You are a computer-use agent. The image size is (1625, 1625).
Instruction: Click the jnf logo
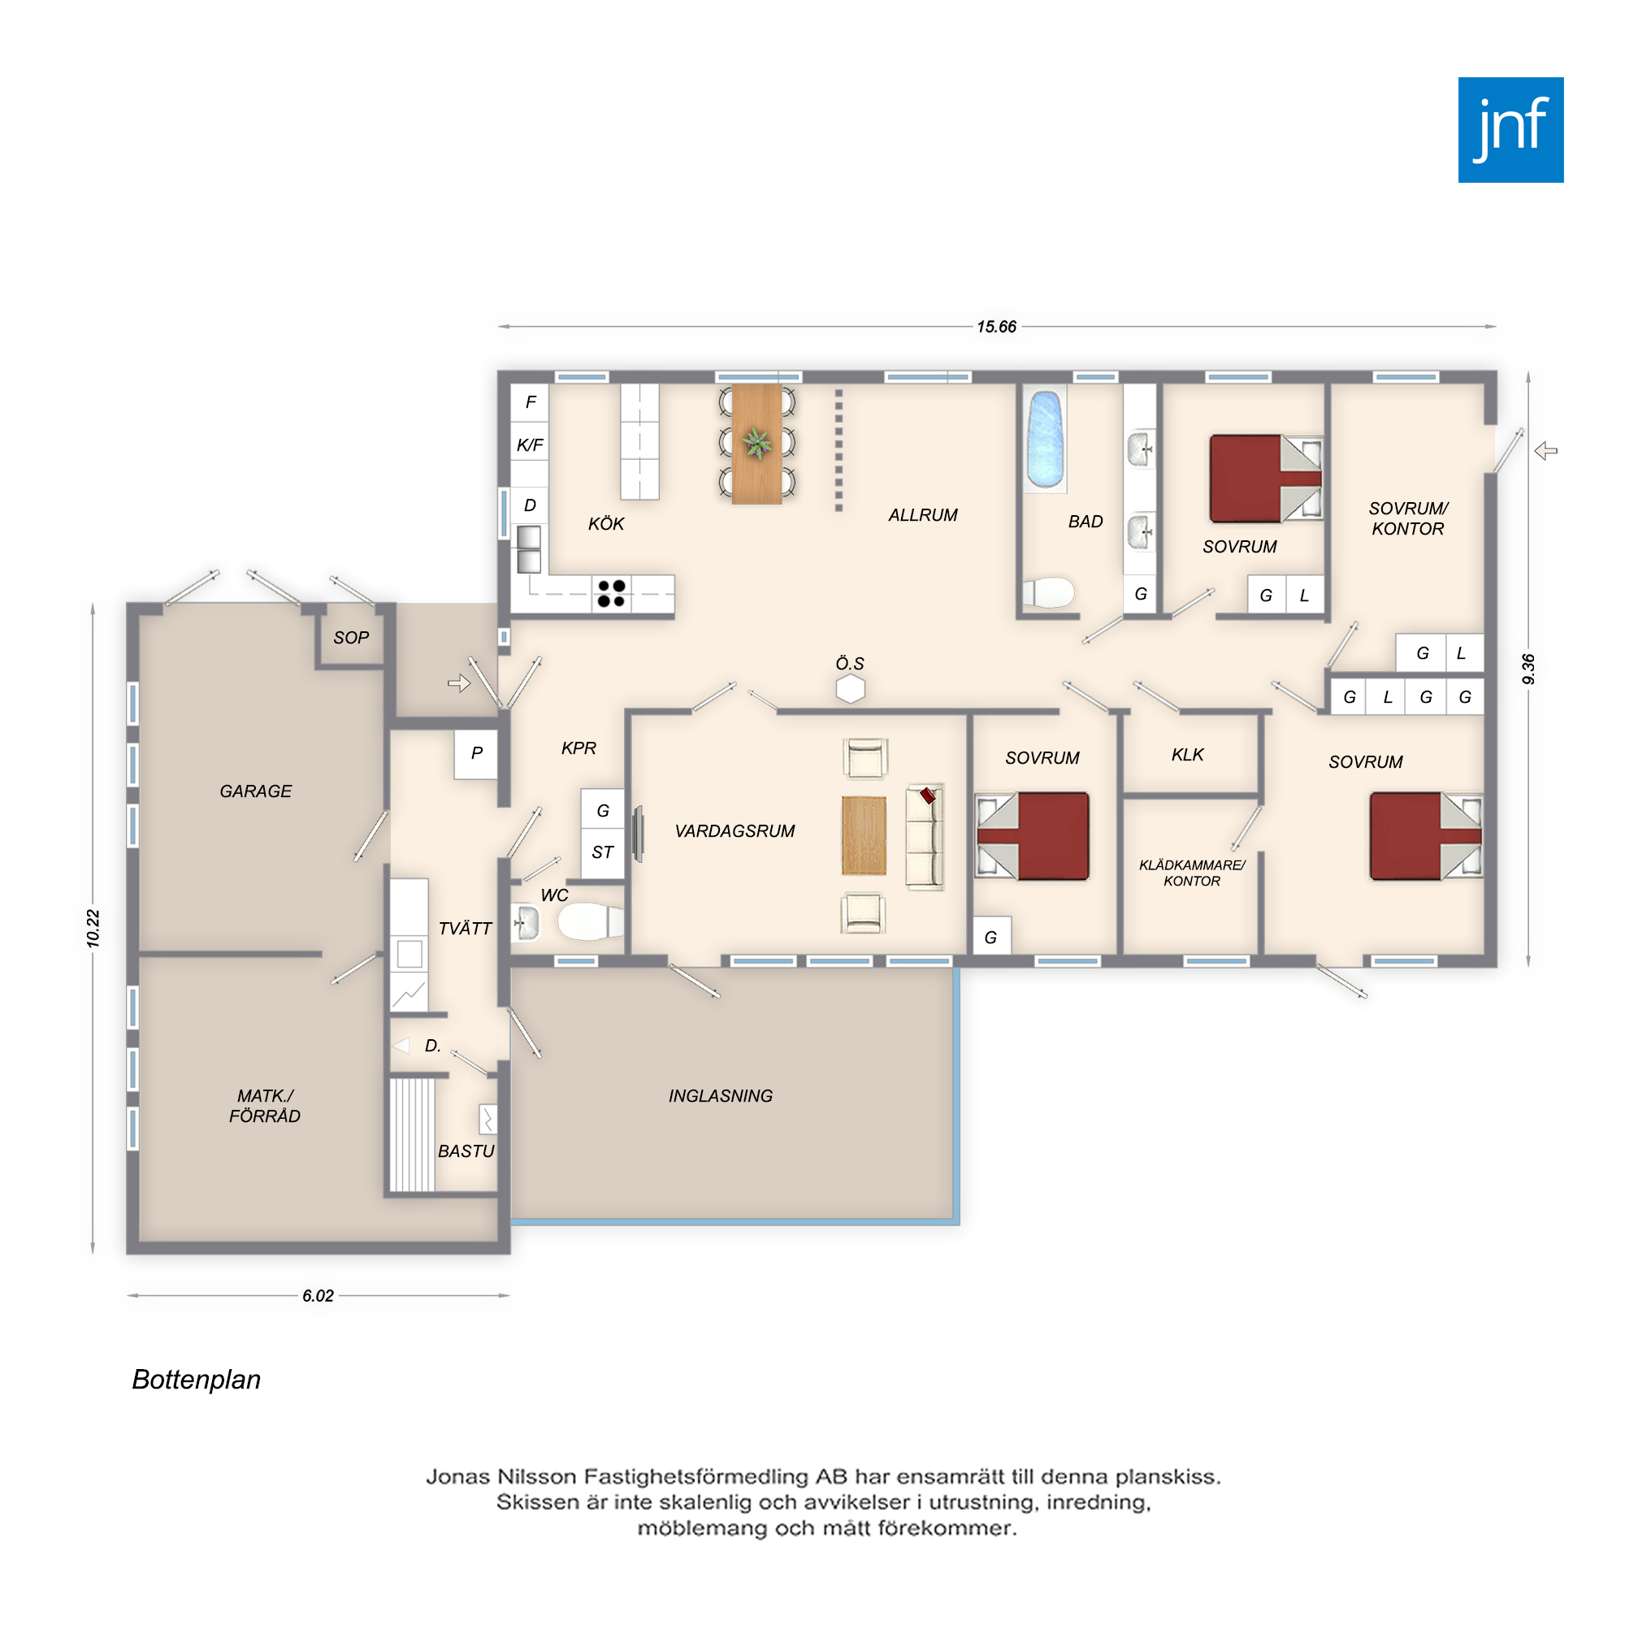pyautogui.click(x=1510, y=129)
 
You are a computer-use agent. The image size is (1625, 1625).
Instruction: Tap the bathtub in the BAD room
pyautogui.click(x=1046, y=439)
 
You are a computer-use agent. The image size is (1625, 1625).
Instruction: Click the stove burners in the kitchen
pyautogui.click(x=611, y=593)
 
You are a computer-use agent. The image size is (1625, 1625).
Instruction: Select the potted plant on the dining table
pyautogui.click(x=756, y=443)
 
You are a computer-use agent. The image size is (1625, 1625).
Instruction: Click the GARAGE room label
pyautogui.click(x=256, y=791)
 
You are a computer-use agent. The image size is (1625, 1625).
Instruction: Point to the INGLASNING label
pyautogui.click(x=721, y=1096)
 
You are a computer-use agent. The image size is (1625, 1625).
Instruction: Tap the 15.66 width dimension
pyautogui.click(x=997, y=327)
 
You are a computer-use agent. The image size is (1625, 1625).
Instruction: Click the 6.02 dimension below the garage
pyautogui.click(x=318, y=1296)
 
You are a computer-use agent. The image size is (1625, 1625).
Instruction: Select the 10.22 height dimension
pyautogui.click(x=93, y=929)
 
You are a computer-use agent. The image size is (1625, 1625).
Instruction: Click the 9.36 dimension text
pyautogui.click(x=1528, y=669)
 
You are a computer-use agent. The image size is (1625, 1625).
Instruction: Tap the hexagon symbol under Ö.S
pyautogui.click(x=851, y=689)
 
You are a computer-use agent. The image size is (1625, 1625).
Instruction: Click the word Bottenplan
pyautogui.click(x=196, y=1380)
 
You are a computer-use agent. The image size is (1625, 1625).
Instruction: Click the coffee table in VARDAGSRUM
pyautogui.click(x=864, y=836)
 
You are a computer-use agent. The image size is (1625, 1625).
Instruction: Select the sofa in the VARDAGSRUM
pyautogui.click(x=925, y=837)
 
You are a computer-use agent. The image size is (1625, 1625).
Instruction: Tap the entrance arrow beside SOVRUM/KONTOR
pyautogui.click(x=1546, y=451)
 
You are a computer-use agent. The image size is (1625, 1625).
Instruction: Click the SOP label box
pyautogui.click(x=351, y=638)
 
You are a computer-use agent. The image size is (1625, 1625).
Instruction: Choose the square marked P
pyautogui.click(x=476, y=754)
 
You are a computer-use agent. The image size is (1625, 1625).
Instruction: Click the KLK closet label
pyautogui.click(x=1188, y=755)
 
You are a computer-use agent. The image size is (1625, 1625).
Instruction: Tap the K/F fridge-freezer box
pyautogui.click(x=530, y=444)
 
